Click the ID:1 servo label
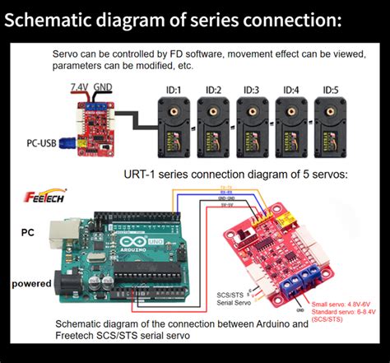pos(173,90)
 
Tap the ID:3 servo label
pos(251,90)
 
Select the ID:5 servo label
pos(331,90)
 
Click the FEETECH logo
pos(39,198)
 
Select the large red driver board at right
pos(284,247)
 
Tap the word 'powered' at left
pos(32,284)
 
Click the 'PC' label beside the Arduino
pos(27,233)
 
